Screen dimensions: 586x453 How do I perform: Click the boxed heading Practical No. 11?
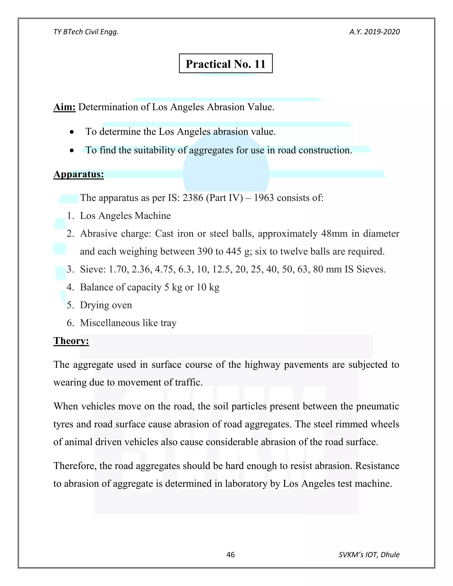point(225,64)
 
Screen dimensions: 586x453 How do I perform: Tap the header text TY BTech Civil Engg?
point(86,32)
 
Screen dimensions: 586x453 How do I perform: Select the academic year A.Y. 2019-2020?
point(374,32)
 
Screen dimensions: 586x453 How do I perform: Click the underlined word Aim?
point(64,107)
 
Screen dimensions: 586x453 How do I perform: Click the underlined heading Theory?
point(71,341)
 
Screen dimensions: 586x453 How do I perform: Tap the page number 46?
point(230,555)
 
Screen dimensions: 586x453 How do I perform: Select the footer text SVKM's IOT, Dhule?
point(369,555)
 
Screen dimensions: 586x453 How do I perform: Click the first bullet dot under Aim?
point(72,132)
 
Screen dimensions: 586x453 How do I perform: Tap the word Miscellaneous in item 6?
point(109,323)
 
